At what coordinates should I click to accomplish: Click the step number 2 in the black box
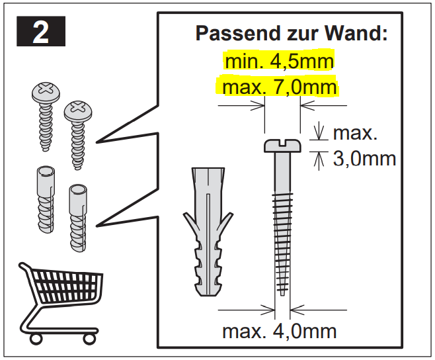coord(41,32)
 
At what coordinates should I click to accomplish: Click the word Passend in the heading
coord(238,33)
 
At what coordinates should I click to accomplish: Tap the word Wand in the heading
coord(356,33)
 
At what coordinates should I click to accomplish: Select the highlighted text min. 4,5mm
coord(279,62)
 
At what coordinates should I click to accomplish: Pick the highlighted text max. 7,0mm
coord(280,87)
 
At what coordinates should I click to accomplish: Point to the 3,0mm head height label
coord(364,159)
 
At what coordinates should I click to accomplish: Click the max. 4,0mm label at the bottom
coord(280,331)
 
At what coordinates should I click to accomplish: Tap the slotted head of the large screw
coord(282,146)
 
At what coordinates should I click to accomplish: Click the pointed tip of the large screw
coord(282,294)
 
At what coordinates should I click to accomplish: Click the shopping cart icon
coord(60,303)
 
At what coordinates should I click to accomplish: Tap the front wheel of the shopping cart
coord(89,339)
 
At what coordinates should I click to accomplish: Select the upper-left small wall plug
coord(46,199)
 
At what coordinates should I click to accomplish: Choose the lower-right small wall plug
coord(78,218)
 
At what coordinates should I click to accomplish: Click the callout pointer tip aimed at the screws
coord(97,142)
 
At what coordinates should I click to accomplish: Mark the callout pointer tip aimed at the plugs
coord(97,226)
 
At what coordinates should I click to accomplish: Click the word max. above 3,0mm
coord(355,133)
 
